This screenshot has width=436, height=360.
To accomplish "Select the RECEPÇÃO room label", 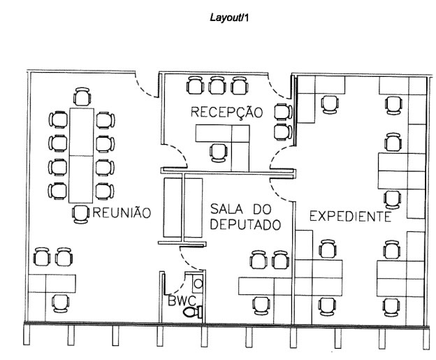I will [x=226, y=112].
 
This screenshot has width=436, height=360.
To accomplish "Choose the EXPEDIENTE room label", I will [x=349, y=216].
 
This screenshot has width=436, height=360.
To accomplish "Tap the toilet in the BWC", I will [x=193, y=313].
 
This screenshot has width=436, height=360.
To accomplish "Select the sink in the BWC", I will [x=198, y=285].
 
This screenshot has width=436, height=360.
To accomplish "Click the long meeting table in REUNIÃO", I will [x=81, y=154].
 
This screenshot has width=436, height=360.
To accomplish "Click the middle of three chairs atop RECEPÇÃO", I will [x=217, y=86].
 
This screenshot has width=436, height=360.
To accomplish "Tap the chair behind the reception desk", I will [x=219, y=152].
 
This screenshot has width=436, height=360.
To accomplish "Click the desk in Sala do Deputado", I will [x=263, y=285].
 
